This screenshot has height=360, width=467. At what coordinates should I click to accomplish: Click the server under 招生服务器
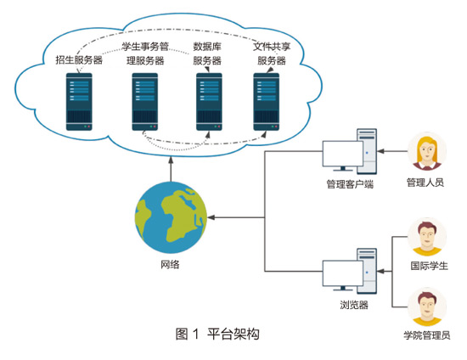79,102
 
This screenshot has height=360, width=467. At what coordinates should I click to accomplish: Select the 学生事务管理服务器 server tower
145,102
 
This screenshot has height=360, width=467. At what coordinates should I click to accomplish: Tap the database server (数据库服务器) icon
209,102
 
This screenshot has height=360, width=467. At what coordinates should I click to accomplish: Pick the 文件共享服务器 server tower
267,102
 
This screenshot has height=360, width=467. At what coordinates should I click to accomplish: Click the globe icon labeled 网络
171,217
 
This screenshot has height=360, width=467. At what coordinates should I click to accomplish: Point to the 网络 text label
170,264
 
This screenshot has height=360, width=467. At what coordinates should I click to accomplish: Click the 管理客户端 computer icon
350,152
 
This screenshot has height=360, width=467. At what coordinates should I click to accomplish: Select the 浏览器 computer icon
350,271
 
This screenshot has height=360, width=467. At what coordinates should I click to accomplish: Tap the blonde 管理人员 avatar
427,152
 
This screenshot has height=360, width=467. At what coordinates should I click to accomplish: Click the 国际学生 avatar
427,237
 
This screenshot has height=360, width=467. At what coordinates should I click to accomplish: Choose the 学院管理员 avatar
427,307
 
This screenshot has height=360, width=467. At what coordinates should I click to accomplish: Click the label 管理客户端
350,184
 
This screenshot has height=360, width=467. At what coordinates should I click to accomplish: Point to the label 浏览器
354,305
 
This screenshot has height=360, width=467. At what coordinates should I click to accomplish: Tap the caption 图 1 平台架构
217,334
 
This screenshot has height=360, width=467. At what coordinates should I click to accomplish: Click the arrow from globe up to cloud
171,169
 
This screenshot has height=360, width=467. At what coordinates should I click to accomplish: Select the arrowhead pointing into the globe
211,217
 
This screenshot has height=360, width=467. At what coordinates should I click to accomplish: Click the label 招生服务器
79,60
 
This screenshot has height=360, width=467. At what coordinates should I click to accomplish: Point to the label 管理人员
425,183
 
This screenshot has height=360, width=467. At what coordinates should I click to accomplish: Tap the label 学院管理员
427,335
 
